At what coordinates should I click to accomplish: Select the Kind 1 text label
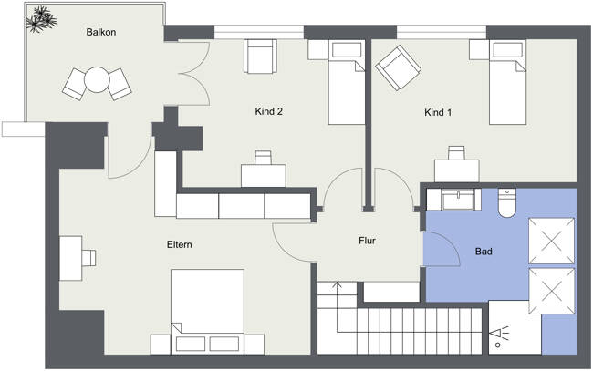pyautogui.click(x=438, y=113)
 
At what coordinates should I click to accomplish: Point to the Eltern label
pyautogui.click(x=179, y=245)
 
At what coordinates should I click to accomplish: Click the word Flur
pyautogui.click(x=368, y=242)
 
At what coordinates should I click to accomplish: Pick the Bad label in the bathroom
pyautogui.click(x=485, y=251)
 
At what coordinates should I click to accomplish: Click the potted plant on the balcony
pyautogui.click(x=42, y=17)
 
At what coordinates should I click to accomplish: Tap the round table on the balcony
pyautogui.click(x=97, y=80)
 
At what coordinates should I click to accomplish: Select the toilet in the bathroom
pyautogui.click(x=508, y=201)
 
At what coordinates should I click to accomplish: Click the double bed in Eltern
pyautogui.click(x=207, y=310)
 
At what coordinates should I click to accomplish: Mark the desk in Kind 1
pyautogui.click(x=456, y=169)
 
